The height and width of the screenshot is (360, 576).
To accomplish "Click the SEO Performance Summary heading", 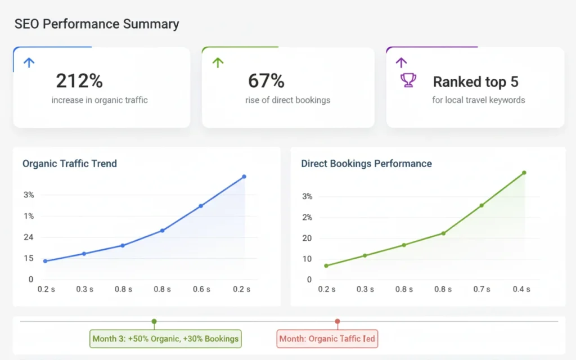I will point(96,24).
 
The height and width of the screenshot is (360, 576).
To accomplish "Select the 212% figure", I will point(79,81).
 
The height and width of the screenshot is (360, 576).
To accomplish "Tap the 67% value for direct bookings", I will point(266,81).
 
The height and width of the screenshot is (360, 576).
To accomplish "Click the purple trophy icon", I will point(408,80).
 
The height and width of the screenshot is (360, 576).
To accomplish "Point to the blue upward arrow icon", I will point(29,62).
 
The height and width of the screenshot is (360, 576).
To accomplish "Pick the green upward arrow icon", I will point(218,62).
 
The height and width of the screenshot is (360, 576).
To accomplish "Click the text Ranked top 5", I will point(475,82).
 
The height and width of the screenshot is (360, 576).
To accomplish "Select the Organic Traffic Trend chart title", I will point(70,164).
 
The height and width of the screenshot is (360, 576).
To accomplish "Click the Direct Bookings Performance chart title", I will point(366,164).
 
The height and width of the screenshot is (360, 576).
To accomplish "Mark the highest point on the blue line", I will point(244,177).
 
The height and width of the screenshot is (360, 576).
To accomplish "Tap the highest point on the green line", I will point(524,173).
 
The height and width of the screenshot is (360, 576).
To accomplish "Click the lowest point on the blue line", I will point(45,261).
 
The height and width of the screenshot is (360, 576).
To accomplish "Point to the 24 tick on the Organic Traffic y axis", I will point(28,237).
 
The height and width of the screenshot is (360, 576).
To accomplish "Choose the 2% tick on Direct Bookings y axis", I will point(307,217).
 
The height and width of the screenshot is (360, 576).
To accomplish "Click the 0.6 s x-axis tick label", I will point(201,289).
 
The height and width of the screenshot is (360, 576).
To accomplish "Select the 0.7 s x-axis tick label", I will point(481,289).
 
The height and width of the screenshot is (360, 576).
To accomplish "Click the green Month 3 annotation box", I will point(165,339).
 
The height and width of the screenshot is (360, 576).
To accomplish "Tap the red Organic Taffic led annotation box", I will point(327,339).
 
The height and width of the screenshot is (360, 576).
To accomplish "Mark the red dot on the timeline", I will point(337,322).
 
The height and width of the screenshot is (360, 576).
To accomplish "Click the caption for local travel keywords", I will point(478,100).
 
